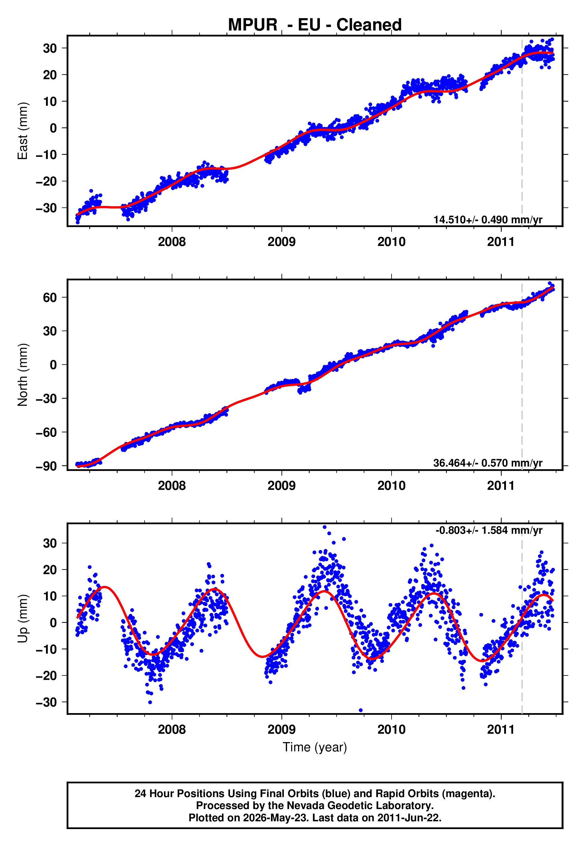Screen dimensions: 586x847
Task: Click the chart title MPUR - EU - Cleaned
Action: [315, 25]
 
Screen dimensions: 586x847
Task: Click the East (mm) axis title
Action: [23, 131]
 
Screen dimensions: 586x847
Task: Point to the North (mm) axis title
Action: [23, 375]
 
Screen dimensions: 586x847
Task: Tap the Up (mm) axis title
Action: [23, 619]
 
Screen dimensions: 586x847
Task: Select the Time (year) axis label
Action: [315, 747]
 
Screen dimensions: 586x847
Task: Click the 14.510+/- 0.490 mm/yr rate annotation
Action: [488, 220]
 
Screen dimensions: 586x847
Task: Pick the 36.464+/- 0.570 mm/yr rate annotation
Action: [488, 463]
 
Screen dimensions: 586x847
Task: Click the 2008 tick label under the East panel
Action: [172, 242]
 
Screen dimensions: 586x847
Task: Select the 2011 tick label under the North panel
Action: [501, 486]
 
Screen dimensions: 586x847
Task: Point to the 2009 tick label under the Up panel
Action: [282, 730]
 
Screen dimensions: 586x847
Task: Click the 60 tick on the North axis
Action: [50, 297]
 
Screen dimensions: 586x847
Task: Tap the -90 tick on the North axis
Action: [46, 466]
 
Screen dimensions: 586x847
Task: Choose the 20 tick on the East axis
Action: [50, 75]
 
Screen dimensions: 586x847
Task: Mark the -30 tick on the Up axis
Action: [46, 702]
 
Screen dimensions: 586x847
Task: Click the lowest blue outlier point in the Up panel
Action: [361, 710]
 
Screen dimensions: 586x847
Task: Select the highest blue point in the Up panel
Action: [325, 527]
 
